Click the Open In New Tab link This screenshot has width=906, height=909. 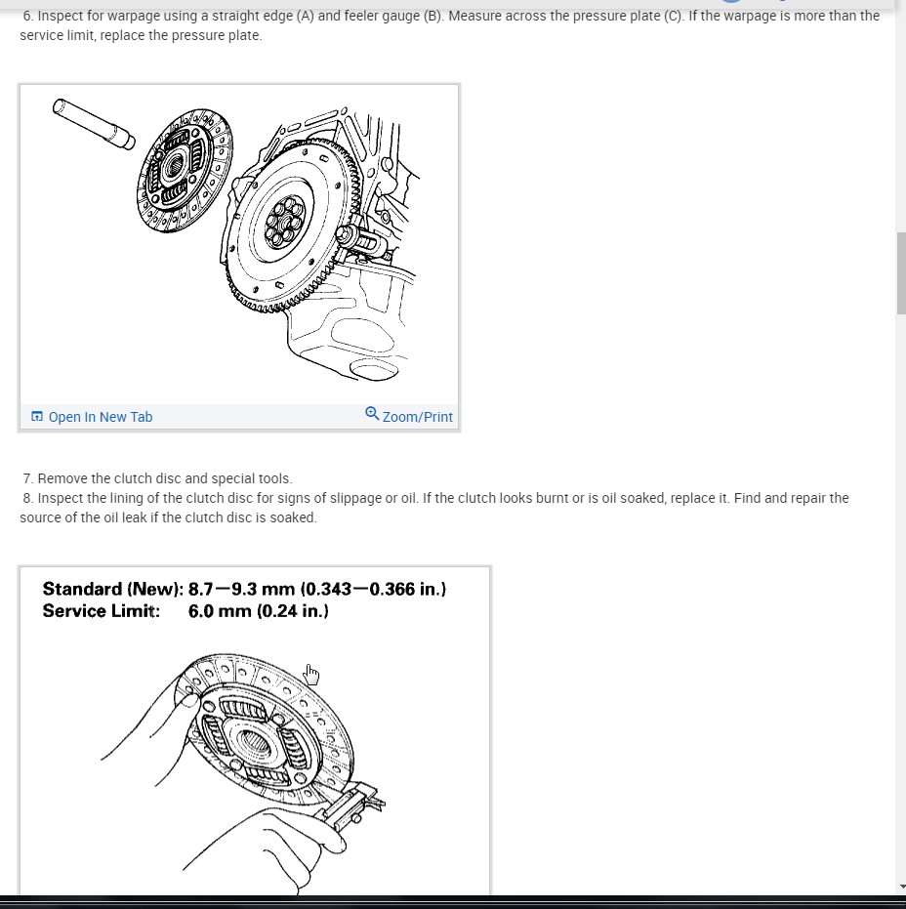[x=100, y=417]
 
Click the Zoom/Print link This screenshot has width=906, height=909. [x=417, y=417]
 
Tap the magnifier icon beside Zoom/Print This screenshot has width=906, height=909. [x=372, y=414]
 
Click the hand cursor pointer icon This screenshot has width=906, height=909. [x=311, y=674]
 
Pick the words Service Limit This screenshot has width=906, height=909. [x=101, y=611]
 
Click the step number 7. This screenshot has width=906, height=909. [x=27, y=478]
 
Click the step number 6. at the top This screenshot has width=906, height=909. [x=27, y=17]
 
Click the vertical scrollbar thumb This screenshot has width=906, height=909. [x=901, y=273]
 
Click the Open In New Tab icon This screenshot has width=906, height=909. [x=37, y=417]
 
